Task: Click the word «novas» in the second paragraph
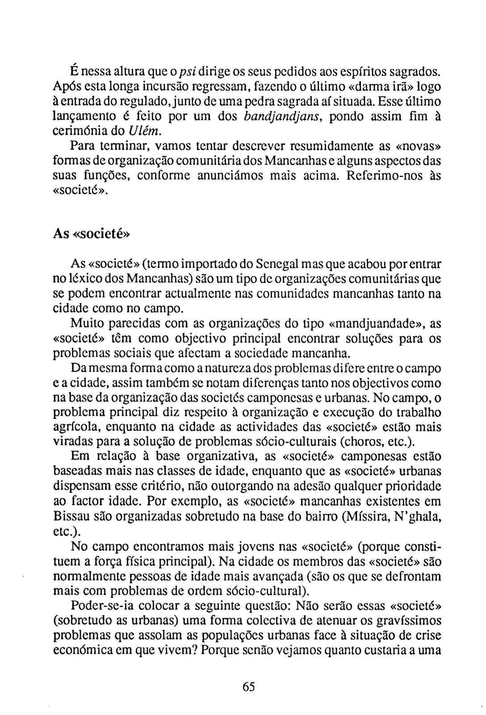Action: tap(419, 146)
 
